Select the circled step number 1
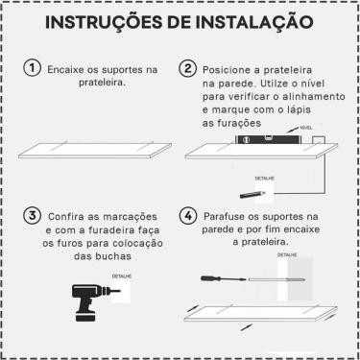coord(32,69)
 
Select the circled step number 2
coord(188,69)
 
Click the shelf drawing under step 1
coord(96,152)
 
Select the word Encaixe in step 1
coord(67,69)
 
